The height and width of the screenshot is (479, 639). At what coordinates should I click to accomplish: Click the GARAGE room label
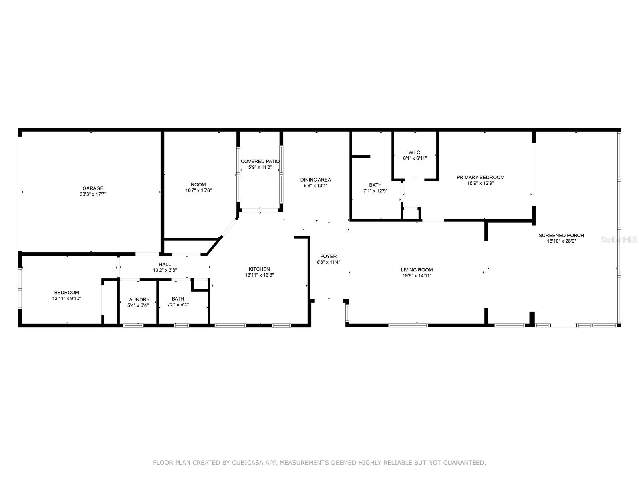(x=93, y=188)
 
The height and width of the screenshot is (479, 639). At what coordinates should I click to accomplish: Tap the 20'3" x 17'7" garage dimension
(x=93, y=194)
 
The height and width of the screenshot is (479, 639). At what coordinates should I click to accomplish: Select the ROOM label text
(x=198, y=184)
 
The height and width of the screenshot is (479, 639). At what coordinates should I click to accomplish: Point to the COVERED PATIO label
(x=260, y=162)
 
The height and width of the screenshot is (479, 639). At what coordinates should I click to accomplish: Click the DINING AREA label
(x=316, y=180)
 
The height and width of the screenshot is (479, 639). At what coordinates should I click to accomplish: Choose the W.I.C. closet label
(x=415, y=152)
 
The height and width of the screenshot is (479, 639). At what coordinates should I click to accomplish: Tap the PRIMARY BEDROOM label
(x=480, y=177)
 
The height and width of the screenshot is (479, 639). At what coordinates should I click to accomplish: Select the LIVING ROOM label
(x=417, y=270)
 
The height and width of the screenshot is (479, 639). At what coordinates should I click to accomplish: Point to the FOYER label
(x=328, y=256)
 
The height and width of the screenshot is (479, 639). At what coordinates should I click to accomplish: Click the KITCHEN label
(x=259, y=269)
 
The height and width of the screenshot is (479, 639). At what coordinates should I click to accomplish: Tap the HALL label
(x=165, y=264)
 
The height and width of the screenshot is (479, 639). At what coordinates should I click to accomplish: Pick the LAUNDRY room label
(x=138, y=299)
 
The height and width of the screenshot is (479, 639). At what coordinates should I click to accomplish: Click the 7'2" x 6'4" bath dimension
(x=178, y=305)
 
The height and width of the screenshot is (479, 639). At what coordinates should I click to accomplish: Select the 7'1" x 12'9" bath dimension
(x=375, y=191)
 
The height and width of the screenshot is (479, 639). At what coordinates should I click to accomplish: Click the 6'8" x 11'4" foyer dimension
(x=328, y=262)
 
